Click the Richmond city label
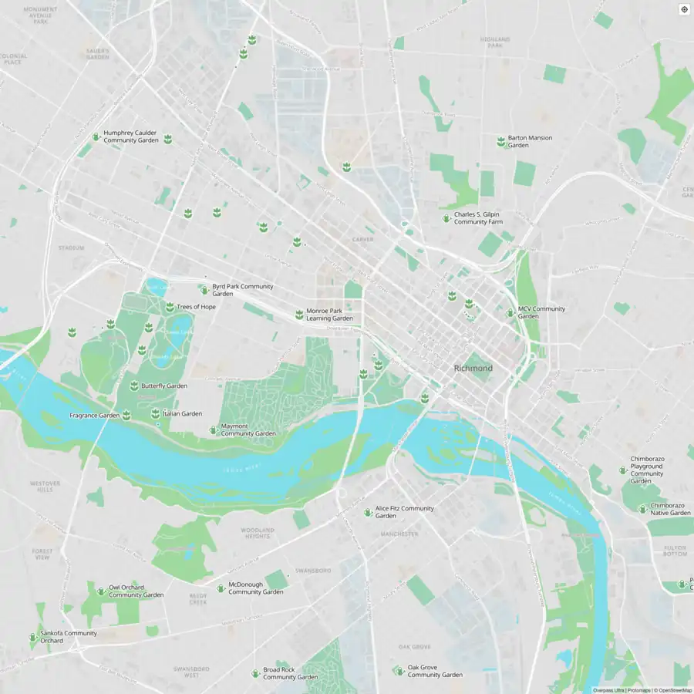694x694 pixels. point(473,369)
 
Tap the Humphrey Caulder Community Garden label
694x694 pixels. point(131,136)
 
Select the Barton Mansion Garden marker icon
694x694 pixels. point(500,141)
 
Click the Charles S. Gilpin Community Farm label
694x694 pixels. point(478,218)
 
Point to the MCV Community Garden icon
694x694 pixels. point(510,312)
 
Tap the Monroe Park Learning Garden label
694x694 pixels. point(329,314)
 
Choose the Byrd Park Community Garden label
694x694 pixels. point(242,290)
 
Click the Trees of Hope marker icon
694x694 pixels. point(170,307)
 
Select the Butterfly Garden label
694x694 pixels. point(163,386)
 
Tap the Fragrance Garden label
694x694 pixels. point(94,415)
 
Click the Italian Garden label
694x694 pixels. point(182,413)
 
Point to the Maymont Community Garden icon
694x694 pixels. point(214,430)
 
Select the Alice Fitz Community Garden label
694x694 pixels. point(404,512)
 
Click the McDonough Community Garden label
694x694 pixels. point(255,588)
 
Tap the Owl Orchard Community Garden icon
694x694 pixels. point(100,591)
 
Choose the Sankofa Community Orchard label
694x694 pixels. point(69,637)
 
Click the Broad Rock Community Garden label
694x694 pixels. point(290,673)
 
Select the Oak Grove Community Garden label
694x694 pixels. point(435,671)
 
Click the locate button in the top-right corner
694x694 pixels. point(683,9)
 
